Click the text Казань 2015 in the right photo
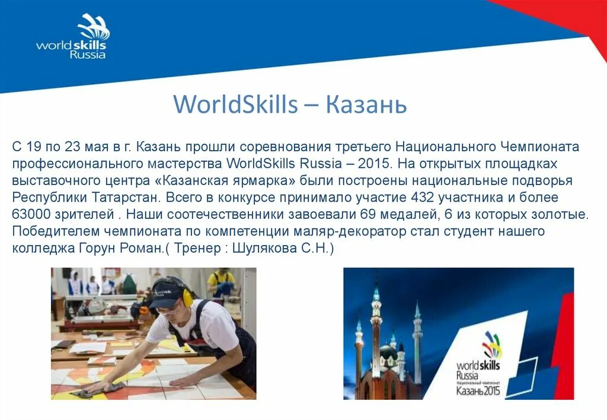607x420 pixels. point(478,390)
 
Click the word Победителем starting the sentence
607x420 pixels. point(49,231)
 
